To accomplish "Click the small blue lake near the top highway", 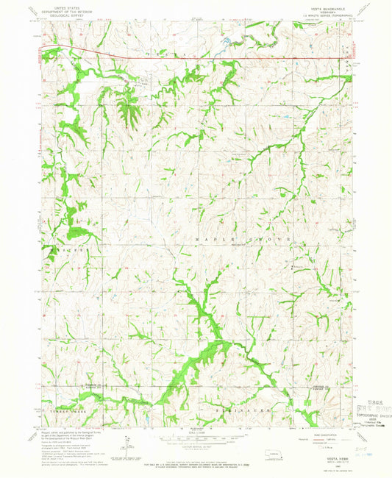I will (x=230, y=41).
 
